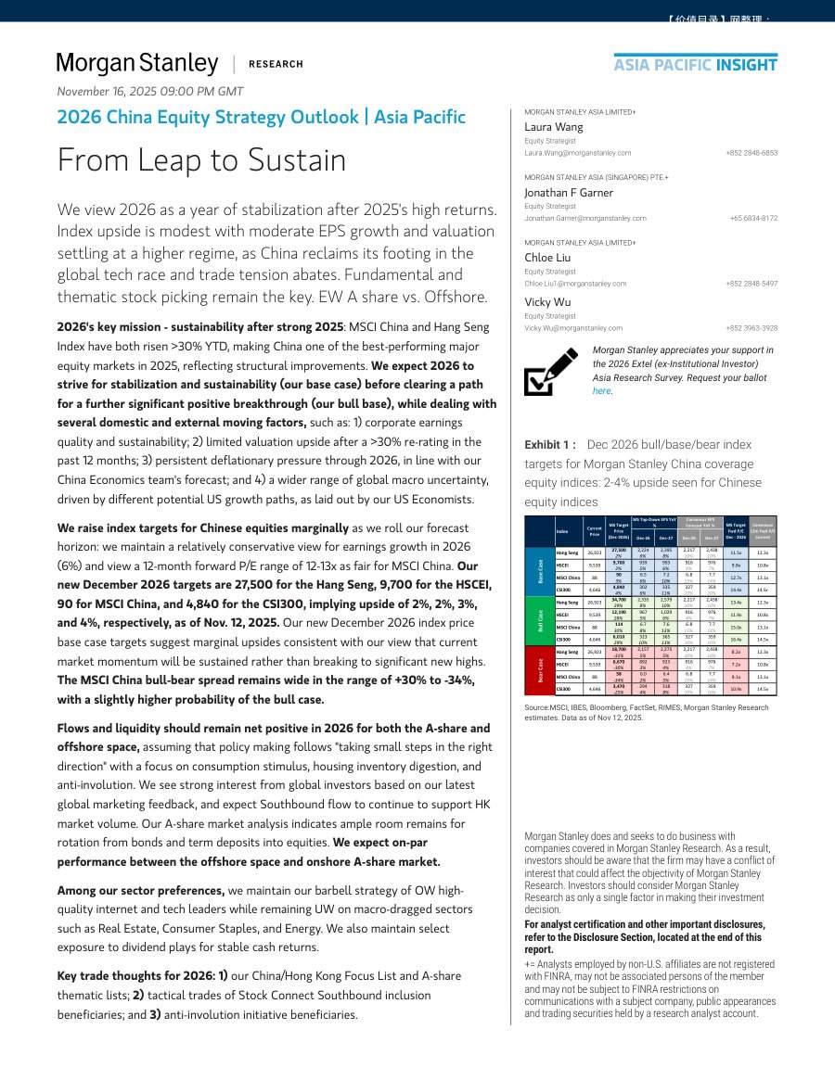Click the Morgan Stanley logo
coord(137,63)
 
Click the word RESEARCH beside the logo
coord(276,64)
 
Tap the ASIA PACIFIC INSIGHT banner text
coord(695,64)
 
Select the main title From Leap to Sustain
coord(201,160)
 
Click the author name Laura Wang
coord(554,126)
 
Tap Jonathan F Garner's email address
coord(585,218)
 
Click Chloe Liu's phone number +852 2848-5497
coord(751,284)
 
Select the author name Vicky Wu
coord(547,302)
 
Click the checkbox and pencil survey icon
coord(551,372)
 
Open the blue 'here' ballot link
coord(602,391)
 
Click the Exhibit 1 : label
coord(550,445)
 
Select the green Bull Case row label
coord(540,620)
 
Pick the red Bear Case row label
coord(540,670)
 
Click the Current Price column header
coord(595,532)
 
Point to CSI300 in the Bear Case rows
coord(563,689)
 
